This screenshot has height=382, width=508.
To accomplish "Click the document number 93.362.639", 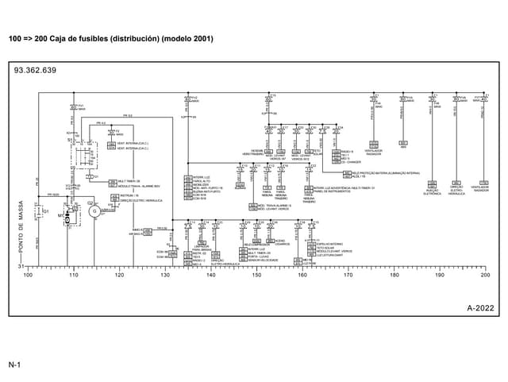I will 35,71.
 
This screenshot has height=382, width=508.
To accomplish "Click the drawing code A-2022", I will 481,307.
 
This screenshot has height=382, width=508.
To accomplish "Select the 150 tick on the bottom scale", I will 256,275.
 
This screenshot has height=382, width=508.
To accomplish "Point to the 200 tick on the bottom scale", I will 485,275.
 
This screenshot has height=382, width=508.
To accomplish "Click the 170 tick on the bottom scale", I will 348,275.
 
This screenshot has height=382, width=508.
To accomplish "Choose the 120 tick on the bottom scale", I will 119,275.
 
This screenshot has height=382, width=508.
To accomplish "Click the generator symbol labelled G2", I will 91,212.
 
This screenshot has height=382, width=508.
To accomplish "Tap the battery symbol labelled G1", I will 46,212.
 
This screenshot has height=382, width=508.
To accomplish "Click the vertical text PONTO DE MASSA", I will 21,231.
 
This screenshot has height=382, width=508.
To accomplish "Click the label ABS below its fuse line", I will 403,146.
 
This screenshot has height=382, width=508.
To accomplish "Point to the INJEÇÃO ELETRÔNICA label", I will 433,191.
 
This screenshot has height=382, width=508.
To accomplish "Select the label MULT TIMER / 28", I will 127,181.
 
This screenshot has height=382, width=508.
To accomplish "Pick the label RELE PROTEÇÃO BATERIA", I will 373,172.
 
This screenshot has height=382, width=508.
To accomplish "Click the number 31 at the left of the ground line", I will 21,267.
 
